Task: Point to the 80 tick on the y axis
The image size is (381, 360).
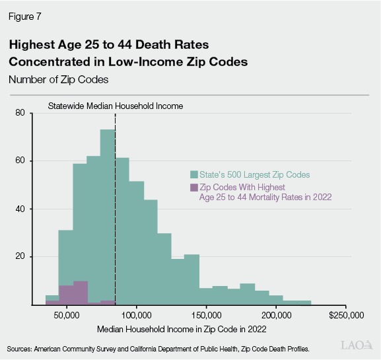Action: click(20, 113)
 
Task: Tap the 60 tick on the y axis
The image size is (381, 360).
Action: click(20, 161)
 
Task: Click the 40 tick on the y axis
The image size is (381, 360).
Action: click(20, 209)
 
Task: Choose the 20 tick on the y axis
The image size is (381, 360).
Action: click(20, 257)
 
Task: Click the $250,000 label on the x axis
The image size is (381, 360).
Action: click(344, 315)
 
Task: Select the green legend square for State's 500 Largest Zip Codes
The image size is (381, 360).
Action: click(193, 174)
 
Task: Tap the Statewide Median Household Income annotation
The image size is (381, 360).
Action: click(115, 105)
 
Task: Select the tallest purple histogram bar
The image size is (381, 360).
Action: click(81, 293)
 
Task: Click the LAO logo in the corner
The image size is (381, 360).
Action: click(354, 345)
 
